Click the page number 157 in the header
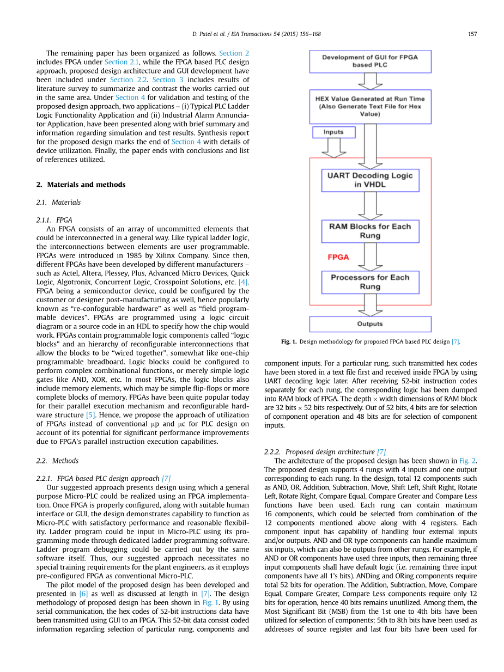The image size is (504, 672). point(472,34)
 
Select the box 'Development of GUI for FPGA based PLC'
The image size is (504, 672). point(370,62)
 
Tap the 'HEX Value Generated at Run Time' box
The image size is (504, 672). point(370,107)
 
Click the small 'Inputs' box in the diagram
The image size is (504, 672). point(333,132)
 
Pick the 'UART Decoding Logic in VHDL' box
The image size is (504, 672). point(370,180)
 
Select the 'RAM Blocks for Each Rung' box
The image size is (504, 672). point(370,231)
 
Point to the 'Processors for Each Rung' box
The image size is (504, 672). point(370,282)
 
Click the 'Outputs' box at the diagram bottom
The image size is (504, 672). point(370,324)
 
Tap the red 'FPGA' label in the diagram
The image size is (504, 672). point(338,257)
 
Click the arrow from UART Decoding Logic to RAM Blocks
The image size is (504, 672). point(370,206)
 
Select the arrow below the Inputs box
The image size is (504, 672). point(333,148)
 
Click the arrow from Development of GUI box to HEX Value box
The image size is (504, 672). point(370,81)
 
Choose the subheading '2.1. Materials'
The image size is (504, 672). point(58,203)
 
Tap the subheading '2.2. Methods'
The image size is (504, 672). point(57,461)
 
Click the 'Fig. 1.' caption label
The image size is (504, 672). point(289,341)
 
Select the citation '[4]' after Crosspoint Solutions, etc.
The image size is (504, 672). point(244,282)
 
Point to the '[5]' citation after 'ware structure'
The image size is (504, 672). point(90,415)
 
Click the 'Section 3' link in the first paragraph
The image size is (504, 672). point(163,80)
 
